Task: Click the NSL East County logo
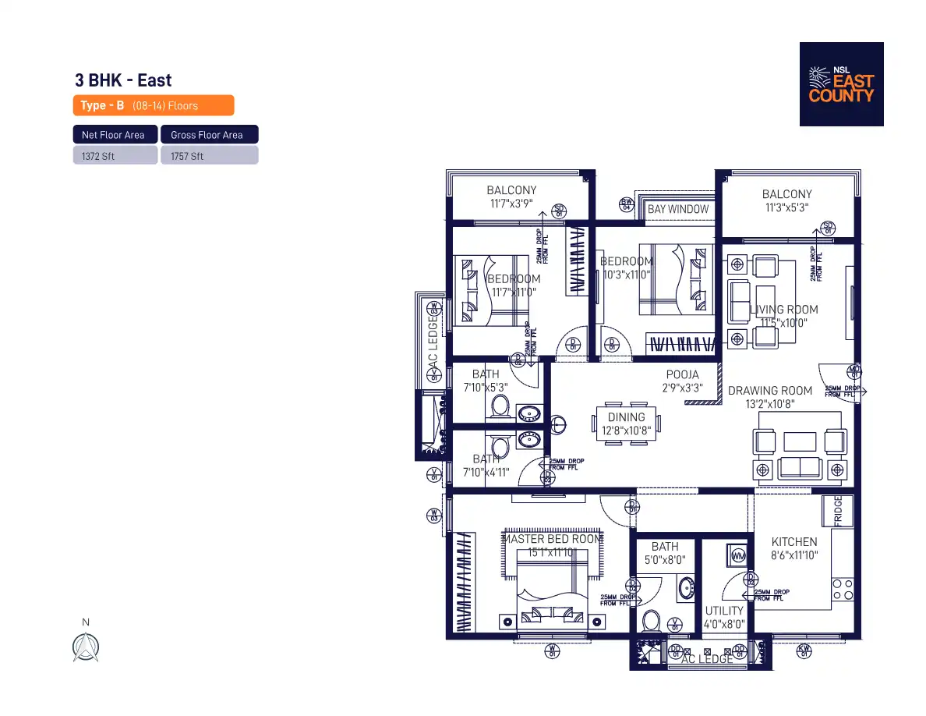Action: (x=841, y=84)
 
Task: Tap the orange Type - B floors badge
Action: (x=154, y=105)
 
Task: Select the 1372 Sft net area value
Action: (x=115, y=156)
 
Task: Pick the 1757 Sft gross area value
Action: (x=209, y=156)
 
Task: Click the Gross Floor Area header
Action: (x=209, y=135)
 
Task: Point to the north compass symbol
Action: (x=86, y=647)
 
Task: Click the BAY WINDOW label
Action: (x=678, y=209)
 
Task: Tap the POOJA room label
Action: (x=682, y=375)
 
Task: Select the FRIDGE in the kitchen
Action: (x=839, y=511)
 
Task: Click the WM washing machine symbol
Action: (x=737, y=555)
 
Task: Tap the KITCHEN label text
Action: (x=794, y=542)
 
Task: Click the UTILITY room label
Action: (x=724, y=611)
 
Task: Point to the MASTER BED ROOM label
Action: (x=552, y=539)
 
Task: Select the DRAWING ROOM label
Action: (x=770, y=391)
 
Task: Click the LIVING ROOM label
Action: (x=783, y=310)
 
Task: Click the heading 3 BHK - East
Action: (x=123, y=80)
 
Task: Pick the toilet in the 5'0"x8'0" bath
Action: (x=651, y=621)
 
